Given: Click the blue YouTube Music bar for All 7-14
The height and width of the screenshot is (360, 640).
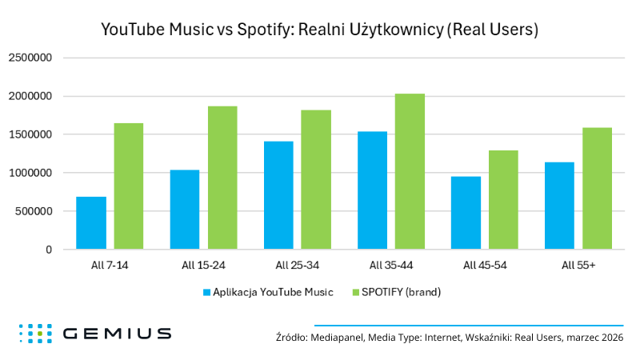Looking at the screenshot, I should pos(91,223).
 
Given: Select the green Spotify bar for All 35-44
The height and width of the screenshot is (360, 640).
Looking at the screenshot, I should pos(410,172).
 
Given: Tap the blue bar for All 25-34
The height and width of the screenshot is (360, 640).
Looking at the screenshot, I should pos(278,195).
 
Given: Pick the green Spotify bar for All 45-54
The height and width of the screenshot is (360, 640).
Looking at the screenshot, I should pos(503,200).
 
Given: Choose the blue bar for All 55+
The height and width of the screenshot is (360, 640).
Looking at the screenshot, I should pos(559,206).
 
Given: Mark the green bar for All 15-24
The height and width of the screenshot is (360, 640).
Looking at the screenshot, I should pos(222,178).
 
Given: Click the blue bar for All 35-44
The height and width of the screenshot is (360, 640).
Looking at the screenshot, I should pos(372,190).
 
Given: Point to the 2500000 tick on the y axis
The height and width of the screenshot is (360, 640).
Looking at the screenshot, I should pos(30,58).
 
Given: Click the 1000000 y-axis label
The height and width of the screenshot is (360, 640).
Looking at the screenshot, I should pos(30,173).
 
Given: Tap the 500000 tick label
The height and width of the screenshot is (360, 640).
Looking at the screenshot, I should pos(33,211).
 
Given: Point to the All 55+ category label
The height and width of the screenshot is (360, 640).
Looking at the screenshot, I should pos(578,265).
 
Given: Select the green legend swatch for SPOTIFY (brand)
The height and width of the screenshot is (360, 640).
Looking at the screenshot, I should pos(356,292).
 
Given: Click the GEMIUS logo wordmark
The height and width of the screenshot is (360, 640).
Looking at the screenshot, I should pos(116,334).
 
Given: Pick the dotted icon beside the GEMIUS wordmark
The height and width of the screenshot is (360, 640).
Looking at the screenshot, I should pos(35,334).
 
